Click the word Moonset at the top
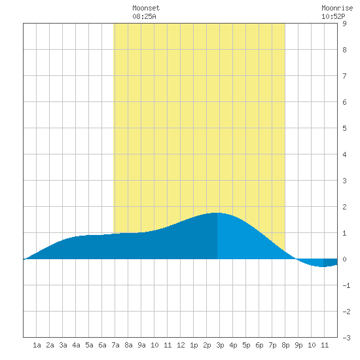[146, 8]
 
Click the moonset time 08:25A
[144, 16]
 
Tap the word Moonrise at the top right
[337, 8]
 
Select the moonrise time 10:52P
[333, 16]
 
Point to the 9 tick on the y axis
[344, 24]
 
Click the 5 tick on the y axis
[344, 128]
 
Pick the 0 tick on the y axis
[344, 259]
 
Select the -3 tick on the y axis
[346, 338]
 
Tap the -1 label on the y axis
[346, 285]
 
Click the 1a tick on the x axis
[37, 345]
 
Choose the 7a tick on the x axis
[115, 345]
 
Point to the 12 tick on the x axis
[181, 345]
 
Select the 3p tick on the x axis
[220, 345]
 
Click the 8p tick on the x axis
[285, 345]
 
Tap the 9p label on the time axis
[298, 345]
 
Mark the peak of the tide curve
[216, 213]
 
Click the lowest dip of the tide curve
[323, 266]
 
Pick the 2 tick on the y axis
[344, 207]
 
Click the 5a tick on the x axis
[89, 345]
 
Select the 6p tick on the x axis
[259, 345]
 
